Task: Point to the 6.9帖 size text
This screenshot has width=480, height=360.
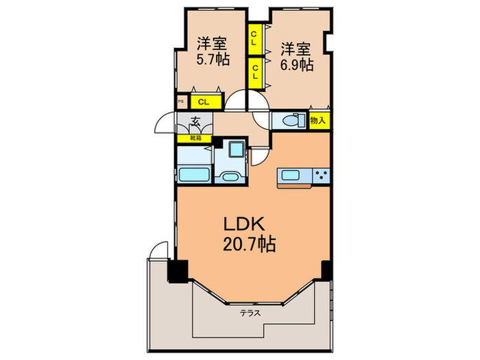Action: (296, 66)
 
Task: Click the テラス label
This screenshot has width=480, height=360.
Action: (250, 312)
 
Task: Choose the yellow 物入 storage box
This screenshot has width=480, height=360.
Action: (317, 121)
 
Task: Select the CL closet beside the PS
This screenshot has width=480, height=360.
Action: (204, 102)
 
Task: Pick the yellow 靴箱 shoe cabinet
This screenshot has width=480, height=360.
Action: (195, 138)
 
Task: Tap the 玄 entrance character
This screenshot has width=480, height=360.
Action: (195, 123)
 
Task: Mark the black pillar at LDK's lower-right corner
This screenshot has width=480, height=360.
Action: (326, 270)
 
